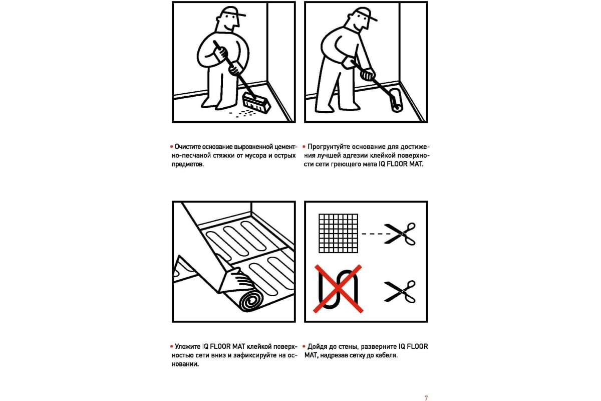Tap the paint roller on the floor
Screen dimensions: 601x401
396,100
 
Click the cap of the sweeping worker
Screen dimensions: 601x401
231,12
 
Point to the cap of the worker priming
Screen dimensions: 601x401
363,14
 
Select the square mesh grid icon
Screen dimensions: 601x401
338,233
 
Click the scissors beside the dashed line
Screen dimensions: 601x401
400,234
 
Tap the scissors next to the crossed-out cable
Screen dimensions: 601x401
400,292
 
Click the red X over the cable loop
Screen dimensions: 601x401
338,289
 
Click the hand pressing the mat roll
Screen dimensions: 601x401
240,279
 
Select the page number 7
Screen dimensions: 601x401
426,398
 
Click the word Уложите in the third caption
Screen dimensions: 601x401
187,347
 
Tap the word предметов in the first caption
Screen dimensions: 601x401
187,164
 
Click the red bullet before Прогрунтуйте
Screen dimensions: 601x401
304,147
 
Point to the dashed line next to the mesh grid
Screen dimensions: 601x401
374,234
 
